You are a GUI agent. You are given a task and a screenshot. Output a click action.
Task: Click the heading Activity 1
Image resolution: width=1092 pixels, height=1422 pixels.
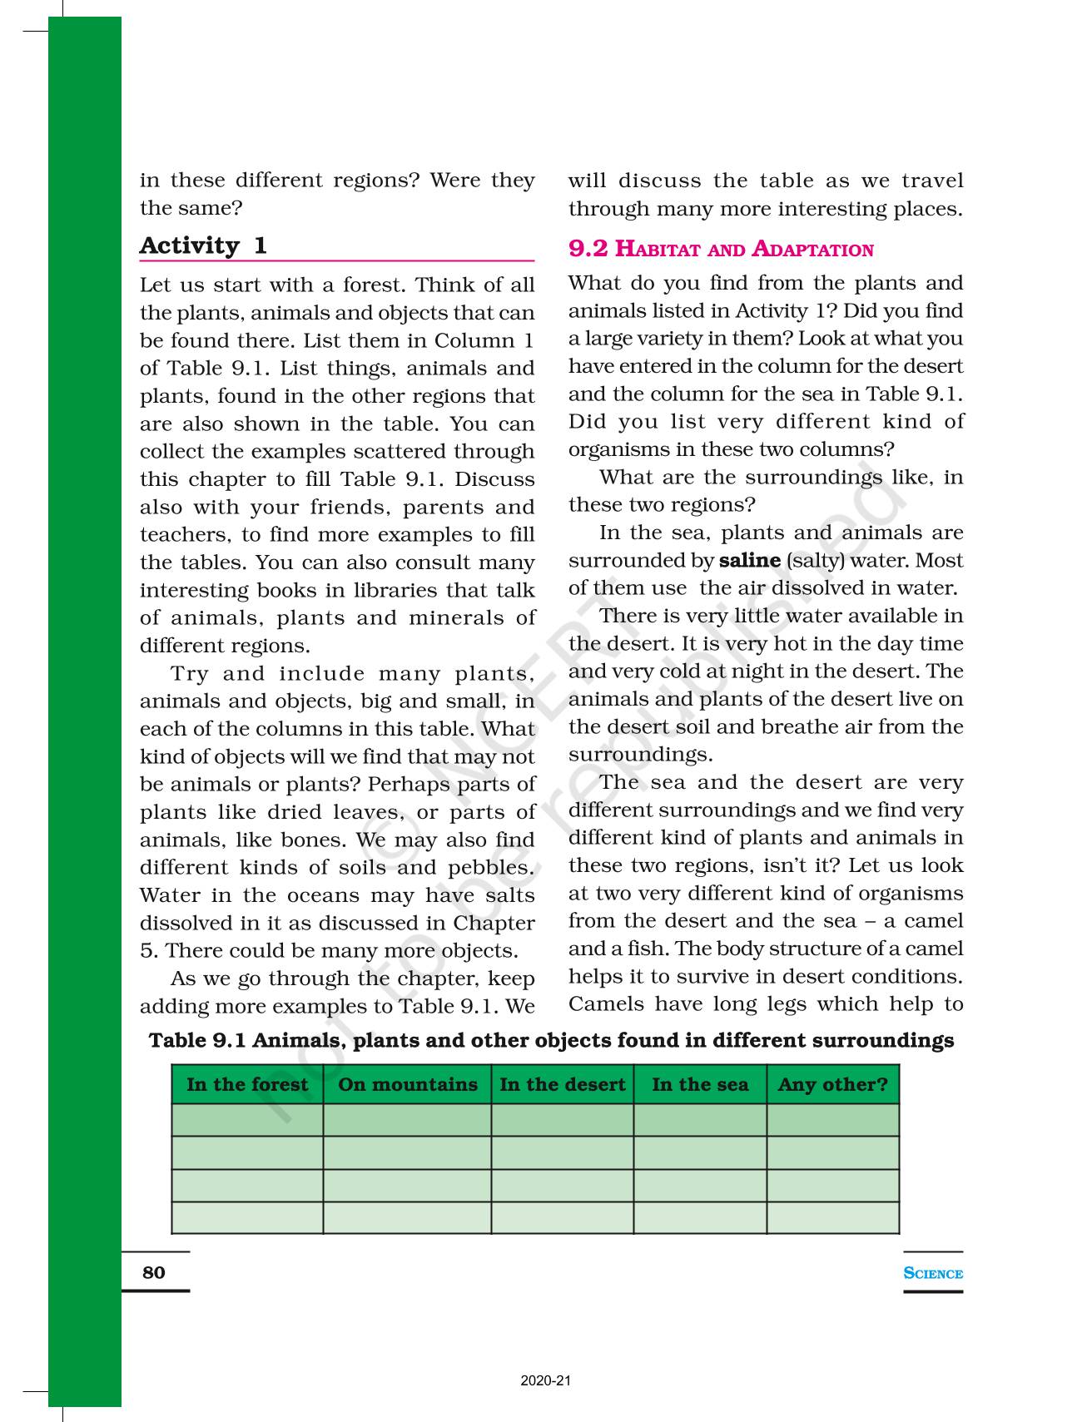tap(203, 245)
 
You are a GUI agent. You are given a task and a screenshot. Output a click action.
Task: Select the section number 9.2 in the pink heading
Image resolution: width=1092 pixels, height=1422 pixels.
tap(588, 249)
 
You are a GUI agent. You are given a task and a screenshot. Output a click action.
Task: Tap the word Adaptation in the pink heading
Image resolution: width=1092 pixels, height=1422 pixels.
tap(812, 249)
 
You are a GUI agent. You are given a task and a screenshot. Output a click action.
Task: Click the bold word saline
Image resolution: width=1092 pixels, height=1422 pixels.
tap(749, 560)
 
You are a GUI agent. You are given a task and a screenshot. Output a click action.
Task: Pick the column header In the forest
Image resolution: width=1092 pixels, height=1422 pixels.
tap(247, 1084)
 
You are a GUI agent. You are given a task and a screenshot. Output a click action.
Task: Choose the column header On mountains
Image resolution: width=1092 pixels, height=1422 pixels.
tap(408, 1084)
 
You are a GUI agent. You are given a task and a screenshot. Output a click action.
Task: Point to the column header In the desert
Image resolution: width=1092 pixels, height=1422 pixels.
tap(562, 1084)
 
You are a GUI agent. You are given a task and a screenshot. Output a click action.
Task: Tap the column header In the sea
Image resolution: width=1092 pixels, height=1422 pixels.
tap(700, 1084)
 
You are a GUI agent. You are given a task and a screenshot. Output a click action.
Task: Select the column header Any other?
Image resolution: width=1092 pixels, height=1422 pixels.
tap(832, 1084)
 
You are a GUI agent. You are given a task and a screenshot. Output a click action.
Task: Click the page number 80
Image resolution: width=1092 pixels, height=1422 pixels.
tap(154, 1272)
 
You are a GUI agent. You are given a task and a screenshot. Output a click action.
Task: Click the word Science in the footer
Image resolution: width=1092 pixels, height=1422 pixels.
tap(933, 1273)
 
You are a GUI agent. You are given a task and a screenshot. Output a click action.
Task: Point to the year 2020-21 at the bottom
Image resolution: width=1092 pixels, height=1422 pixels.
tap(546, 1381)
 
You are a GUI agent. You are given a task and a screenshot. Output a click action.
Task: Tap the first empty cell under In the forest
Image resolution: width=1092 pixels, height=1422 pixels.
tap(247, 1120)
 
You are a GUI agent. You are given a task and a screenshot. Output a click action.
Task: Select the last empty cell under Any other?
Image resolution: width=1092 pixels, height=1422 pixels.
tap(832, 1217)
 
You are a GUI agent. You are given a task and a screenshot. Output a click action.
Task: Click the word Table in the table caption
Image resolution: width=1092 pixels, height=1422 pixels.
tap(176, 1040)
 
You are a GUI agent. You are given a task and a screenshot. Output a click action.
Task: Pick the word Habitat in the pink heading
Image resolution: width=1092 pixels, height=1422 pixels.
tap(659, 249)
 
